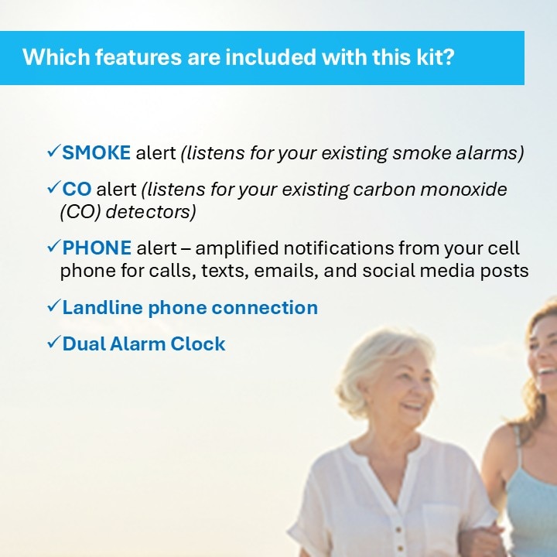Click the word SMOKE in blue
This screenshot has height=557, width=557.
tap(96, 152)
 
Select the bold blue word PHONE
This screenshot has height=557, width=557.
tap(97, 248)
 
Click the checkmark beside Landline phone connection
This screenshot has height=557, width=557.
tap(54, 306)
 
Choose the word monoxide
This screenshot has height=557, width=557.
tap(463, 189)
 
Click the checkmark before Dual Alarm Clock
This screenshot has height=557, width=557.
tap(54, 342)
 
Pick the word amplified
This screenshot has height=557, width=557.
tap(237, 248)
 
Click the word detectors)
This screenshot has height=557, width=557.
tap(151, 212)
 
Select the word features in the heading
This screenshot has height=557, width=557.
tap(138, 56)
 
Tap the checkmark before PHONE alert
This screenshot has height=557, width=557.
tap(54, 246)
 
